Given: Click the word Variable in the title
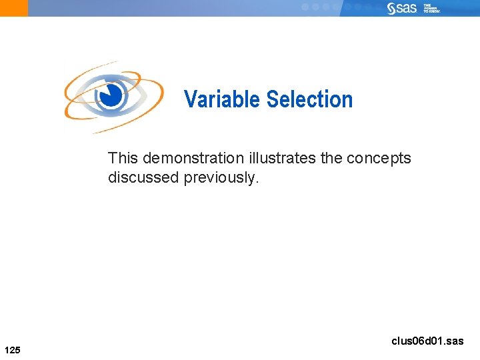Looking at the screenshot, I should coord(222,99).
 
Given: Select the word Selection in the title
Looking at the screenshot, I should coord(309,99).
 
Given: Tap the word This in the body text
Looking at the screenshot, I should coord(123,159).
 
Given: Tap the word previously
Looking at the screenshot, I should coord(221,178).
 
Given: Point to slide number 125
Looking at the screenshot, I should coord(12,349).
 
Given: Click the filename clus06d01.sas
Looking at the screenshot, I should coord(427,341).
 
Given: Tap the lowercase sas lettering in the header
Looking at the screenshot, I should coord(406,8).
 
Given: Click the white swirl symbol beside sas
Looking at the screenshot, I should coord(391,8).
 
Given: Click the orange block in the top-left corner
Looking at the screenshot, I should coord(14,8).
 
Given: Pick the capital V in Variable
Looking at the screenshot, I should coord(190,99).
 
